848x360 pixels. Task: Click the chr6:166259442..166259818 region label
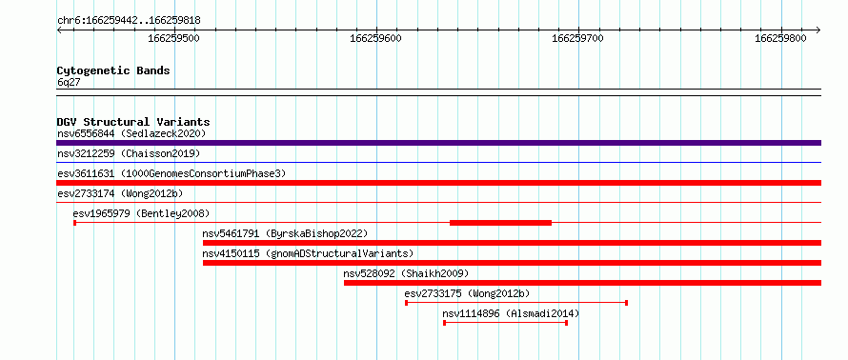[129, 21]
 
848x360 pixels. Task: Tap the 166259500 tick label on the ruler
[174, 38]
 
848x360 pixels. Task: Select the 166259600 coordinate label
[375, 38]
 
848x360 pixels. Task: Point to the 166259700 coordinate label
[578, 38]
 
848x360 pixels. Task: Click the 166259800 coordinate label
[780, 38]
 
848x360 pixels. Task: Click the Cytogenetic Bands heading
[113, 70]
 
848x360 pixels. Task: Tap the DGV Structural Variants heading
[133, 122]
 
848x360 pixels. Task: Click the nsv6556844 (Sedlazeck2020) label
[131, 133]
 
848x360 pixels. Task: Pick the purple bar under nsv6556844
[438, 143]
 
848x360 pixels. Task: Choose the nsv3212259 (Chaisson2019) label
[129, 153]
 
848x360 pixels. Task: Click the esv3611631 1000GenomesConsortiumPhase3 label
[172, 173]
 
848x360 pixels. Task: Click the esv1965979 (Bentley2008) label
[141, 213]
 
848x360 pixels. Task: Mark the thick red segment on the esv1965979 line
[500, 223]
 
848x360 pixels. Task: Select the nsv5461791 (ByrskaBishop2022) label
[285, 233]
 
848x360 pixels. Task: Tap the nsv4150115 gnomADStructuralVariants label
[308, 253]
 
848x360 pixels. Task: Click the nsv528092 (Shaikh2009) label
[406, 273]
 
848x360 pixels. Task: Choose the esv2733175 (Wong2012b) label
[467, 293]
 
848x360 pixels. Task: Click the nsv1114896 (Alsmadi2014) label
[511, 313]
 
